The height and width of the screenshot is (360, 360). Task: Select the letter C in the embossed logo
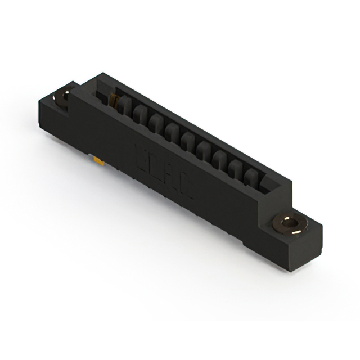coord(187,186)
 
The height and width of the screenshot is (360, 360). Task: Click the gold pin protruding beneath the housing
coord(100,163)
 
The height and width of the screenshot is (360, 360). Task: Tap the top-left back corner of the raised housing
coord(100,73)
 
